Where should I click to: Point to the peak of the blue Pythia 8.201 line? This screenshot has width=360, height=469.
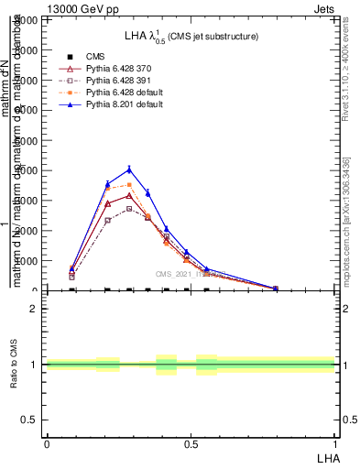(x=130, y=169)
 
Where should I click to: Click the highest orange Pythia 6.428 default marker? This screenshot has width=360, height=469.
(x=130, y=185)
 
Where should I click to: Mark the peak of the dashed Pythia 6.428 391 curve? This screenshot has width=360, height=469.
(x=130, y=208)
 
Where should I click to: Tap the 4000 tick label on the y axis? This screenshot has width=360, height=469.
(x=31, y=170)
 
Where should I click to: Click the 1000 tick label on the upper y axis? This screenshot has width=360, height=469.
(x=31, y=261)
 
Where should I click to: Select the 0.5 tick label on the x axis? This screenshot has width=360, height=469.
(x=190, y=443)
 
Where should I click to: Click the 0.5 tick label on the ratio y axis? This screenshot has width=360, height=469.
(x=31, y=420)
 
